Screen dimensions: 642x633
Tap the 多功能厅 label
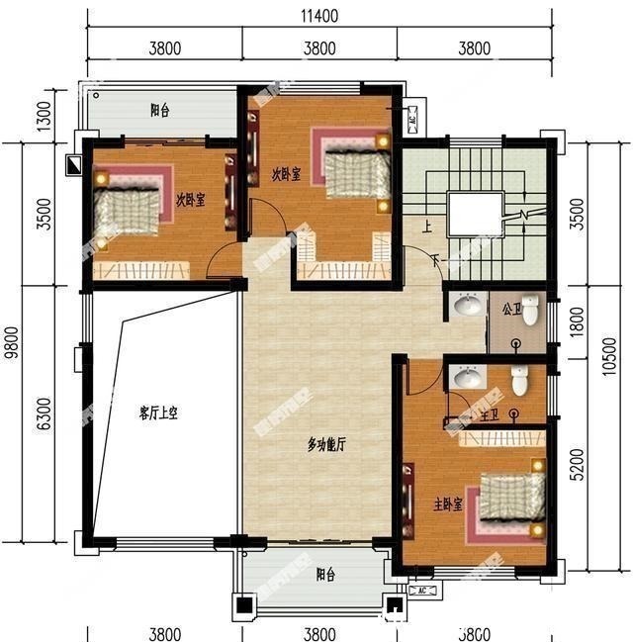(325, 445)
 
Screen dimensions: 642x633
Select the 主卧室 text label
(450, 504)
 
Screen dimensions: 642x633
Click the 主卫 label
(489, 413)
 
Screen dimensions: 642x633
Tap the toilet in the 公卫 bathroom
(531, 311)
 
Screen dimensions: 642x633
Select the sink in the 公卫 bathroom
(466, 309)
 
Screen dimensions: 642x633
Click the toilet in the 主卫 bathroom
(518, 380)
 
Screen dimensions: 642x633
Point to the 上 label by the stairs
(427, 226)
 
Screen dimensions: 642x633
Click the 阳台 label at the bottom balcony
(324, 574)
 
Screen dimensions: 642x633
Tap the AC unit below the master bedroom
(420, 591)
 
